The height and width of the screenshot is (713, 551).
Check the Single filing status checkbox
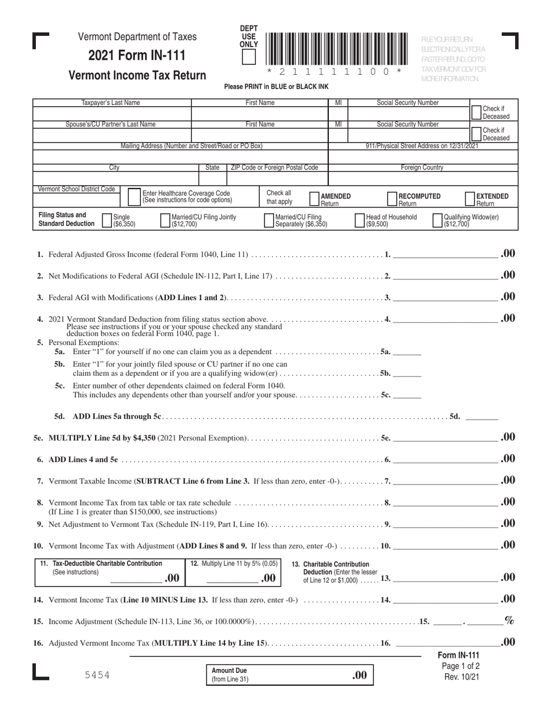(x=107, y=220)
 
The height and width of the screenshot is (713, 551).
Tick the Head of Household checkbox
(x=360, y=220)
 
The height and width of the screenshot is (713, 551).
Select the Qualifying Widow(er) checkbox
(x=438, y=220)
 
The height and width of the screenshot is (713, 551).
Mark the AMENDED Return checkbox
(x=314, y=199)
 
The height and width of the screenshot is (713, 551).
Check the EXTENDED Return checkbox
(x=470, y=199)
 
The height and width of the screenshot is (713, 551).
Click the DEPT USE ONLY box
(x=248, y=57)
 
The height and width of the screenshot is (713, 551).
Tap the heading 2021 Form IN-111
(x=137, y=56)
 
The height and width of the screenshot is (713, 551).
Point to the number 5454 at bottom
(x=95, y=675)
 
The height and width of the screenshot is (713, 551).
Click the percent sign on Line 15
(x=509, y=620)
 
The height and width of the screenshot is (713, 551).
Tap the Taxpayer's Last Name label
(x=111, y=103)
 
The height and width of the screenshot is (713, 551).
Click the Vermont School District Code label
(x=76, y=189)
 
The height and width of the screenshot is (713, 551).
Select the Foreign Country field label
(x=422, y=168)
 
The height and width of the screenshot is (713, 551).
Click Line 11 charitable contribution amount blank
(x=136, y=578)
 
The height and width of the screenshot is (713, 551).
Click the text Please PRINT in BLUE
(x=276, y=86)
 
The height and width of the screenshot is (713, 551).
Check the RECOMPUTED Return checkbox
(x=392, y=199)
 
